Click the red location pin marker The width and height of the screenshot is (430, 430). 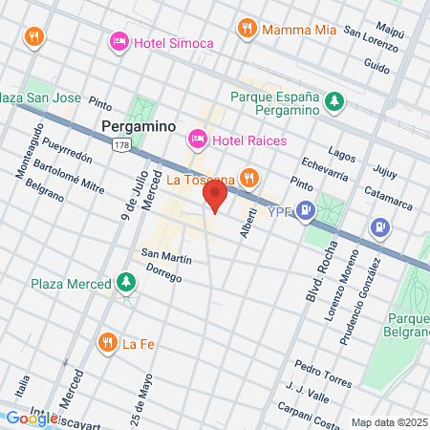(215, 198)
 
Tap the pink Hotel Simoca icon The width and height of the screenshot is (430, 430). (119, 42)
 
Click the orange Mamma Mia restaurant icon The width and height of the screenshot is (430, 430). (247, 29)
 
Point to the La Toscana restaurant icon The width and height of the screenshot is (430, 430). (248, 178)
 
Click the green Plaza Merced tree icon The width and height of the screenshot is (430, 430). (126, 283)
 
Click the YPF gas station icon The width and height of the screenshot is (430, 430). (305, 211)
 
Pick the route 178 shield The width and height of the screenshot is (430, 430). (121, 144)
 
